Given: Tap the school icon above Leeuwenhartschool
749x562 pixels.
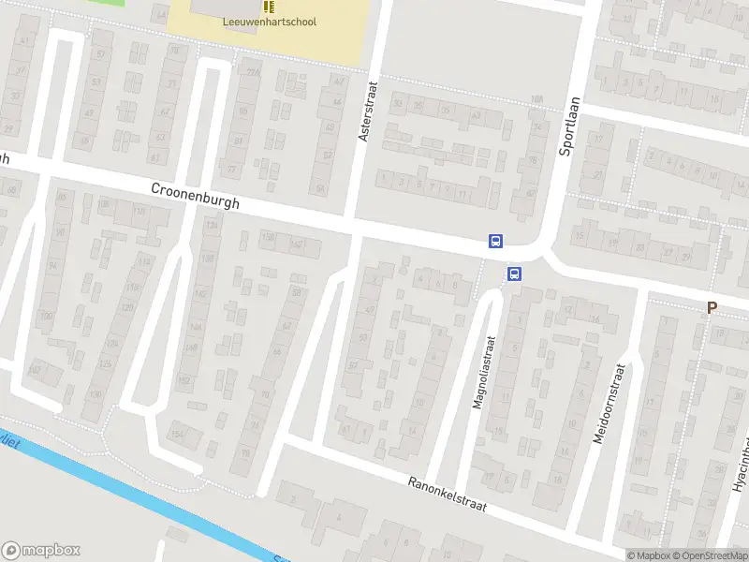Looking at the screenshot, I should (x=270, y=6).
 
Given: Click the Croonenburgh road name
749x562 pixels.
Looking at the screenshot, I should (x=196, y=196).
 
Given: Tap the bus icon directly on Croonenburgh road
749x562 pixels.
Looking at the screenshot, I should (x=494, y=241).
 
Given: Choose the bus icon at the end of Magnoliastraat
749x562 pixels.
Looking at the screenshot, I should (x=514, y=274).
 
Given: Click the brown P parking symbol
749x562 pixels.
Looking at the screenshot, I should (x=712, y=307).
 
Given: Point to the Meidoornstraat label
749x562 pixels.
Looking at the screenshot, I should (x=608, y=405).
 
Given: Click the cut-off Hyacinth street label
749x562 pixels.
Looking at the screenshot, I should (x=741, y=464).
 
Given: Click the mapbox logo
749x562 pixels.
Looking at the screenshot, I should (x=41, y=551).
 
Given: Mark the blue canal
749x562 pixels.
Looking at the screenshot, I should (x=140, y=496).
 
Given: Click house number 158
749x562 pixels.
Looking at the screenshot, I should (x=268, y=239).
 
